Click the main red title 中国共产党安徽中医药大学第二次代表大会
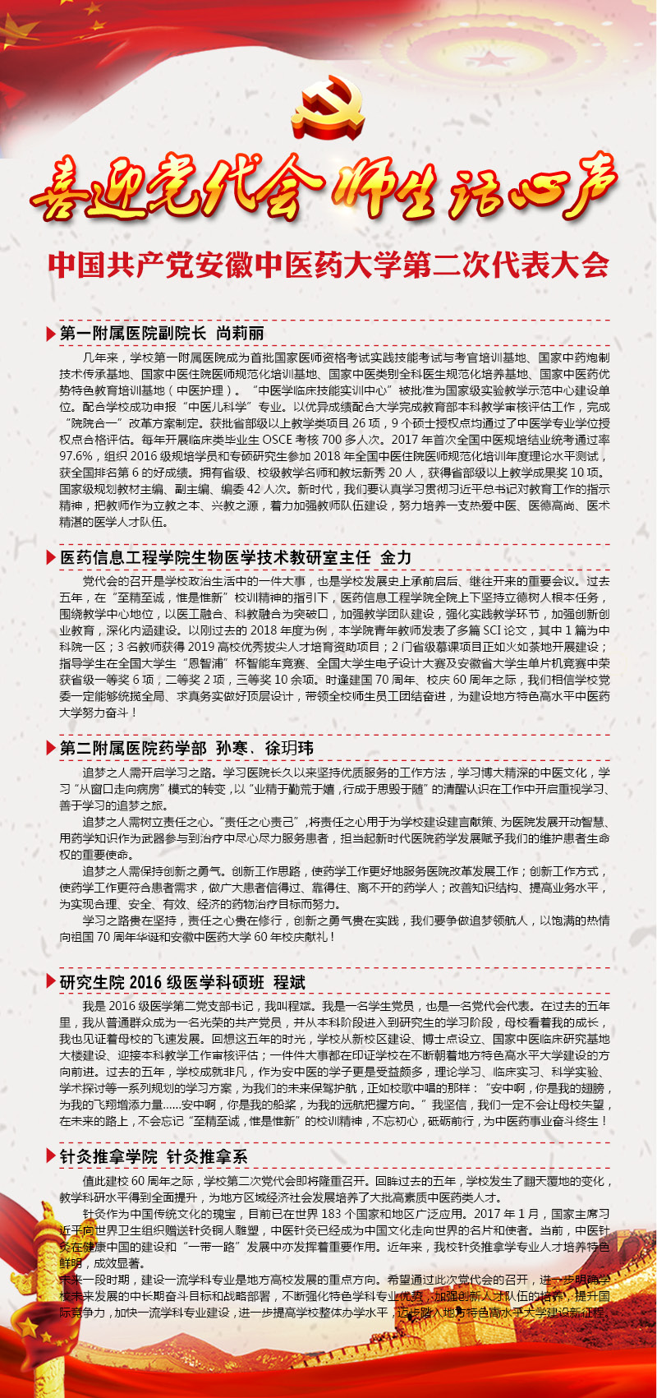328,265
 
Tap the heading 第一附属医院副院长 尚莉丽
162,333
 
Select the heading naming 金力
235,557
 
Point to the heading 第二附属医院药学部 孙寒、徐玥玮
186,748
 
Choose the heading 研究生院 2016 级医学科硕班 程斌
182,982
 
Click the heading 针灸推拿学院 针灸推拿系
154,1156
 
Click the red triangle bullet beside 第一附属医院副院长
52,334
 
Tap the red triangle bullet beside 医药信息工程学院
52,558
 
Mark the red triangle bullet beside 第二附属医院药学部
52,749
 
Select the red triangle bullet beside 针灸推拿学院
52,1157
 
